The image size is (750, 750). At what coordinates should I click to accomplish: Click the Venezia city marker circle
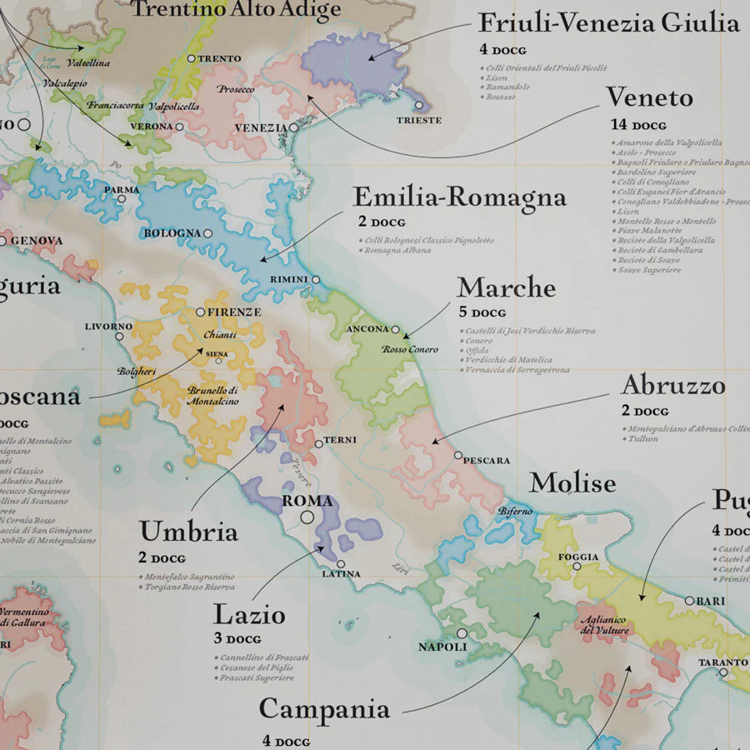tap(293, 127)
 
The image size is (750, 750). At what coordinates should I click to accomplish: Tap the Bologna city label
tap(172, 232)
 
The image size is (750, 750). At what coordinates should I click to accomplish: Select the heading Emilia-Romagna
tap(459, 198)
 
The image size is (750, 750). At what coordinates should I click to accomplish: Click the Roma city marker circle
tap(307, 517)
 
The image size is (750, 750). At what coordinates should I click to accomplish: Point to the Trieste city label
tap(420, 120)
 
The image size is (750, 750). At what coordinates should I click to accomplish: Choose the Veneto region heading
tap(649, 97)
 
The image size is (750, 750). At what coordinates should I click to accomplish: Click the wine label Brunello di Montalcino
tap(213, 395)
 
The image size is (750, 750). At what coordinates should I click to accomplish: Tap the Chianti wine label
tap(220, 334)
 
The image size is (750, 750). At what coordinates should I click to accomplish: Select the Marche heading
tap(506, 287)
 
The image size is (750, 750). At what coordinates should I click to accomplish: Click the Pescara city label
tap(487, 460)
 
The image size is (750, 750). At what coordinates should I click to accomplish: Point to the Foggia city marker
tap(576, 567)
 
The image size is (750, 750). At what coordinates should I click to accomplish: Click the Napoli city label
tap(442, 647)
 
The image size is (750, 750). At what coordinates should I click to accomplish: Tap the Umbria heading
tap(188, 532)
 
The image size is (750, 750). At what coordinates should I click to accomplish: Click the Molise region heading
tap(572, 483)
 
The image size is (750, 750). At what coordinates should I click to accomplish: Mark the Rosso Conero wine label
tap(410, 349)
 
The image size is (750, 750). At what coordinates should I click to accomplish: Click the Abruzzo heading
tap(672, 386)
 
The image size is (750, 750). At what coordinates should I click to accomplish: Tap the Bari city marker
tap(689, 601)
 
